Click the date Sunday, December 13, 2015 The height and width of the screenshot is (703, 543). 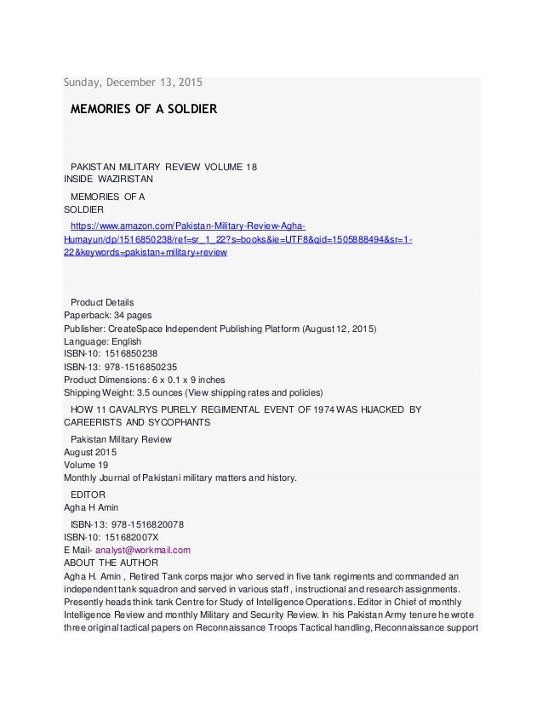pos(133,83)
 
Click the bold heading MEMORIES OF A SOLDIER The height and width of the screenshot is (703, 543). pos(143,110)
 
